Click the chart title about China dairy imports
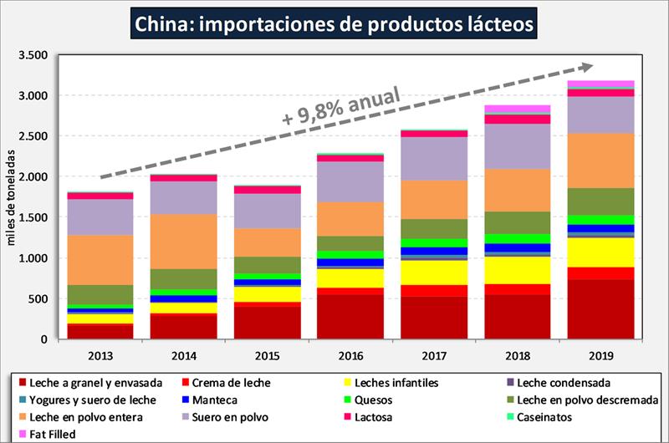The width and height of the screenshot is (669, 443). tap(334, 23)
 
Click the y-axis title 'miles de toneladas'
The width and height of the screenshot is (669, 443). tap(13, 197)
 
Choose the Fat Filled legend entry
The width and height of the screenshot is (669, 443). tap(52, 433)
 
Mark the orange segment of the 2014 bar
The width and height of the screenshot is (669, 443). tap(184, 242)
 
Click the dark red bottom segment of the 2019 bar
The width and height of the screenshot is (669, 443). tap(600, 309)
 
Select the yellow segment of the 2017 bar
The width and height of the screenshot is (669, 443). tap(434, 272)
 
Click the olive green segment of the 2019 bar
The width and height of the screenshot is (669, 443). tap(600, 201)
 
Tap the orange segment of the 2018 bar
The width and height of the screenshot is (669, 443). tap(517, 191)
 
